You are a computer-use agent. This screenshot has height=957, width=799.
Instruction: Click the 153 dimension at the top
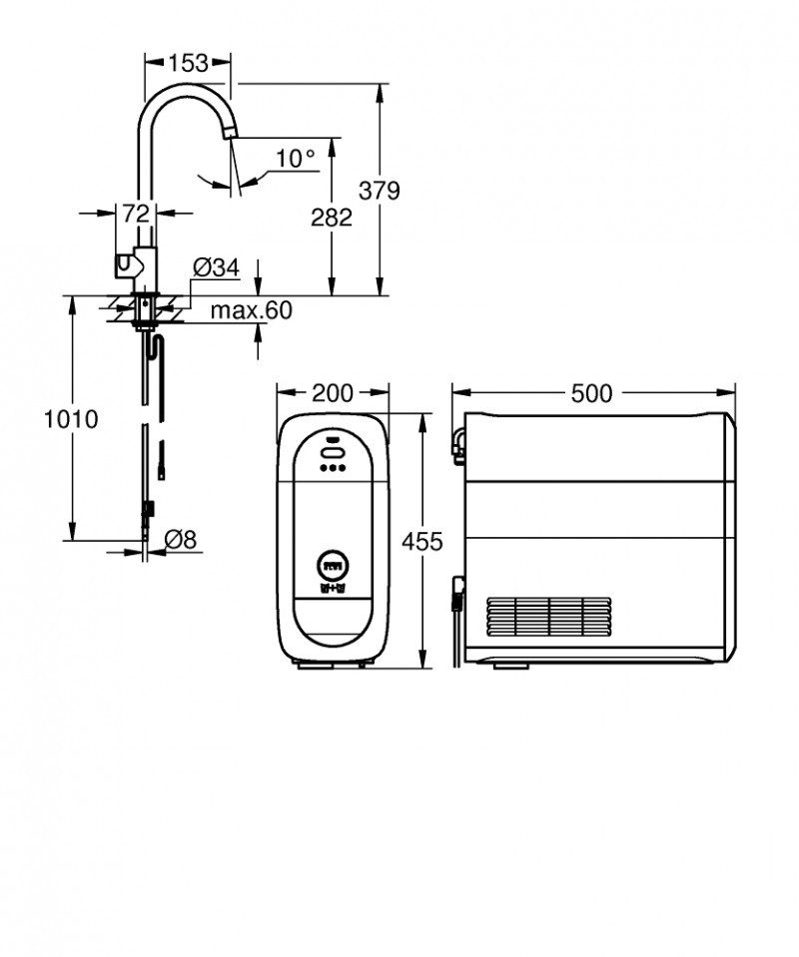[188, 63]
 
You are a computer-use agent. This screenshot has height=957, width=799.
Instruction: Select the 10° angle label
[295, 158]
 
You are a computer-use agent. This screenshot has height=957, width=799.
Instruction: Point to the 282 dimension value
[332, 217]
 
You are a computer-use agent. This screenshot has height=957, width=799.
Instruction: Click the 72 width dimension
[136, 213]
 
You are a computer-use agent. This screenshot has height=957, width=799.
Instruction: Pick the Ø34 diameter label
[216, 267]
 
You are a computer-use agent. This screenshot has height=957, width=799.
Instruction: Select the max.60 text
[251, 310]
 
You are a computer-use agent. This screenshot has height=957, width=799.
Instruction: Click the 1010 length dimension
[71, 419]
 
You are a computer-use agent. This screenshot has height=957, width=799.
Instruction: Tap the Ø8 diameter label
[180, 540]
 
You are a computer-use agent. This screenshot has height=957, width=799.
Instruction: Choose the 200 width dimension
[332, 393]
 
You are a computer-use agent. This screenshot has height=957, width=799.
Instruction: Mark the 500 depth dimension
[591, 393]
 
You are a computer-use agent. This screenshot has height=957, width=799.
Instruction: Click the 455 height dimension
[421, 541]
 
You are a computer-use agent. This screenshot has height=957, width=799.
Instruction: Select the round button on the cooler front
[332, 566]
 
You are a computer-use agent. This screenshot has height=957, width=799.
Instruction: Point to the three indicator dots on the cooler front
[332, 468]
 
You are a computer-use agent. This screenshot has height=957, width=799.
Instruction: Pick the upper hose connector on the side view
[457, 445]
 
